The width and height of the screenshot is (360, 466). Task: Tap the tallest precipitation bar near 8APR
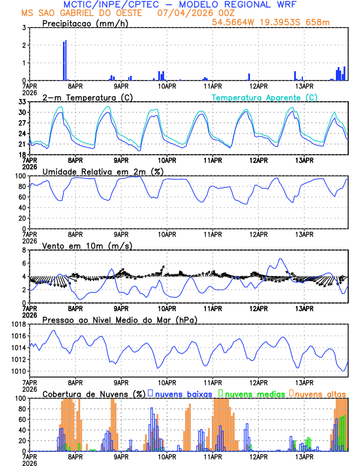65,59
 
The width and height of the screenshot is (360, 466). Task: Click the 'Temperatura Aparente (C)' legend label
264,97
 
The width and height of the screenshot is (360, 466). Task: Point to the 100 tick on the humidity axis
20,176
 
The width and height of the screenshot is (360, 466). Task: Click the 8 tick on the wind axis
23,250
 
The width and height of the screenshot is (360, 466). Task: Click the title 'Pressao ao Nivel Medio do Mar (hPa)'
119,319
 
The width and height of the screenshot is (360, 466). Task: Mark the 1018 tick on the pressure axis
18,324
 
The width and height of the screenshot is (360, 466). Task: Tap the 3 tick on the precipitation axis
23,28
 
